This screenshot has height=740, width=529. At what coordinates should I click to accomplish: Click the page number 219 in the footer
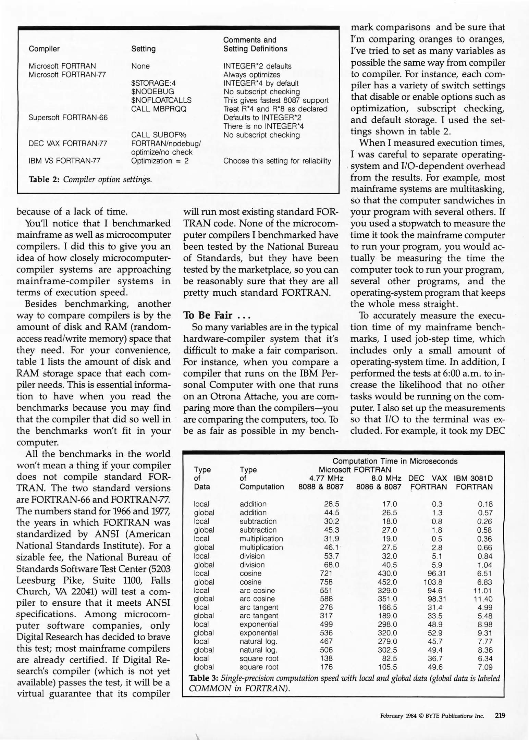(x=500, y=716)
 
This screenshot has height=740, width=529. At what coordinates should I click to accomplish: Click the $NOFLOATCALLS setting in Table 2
(x=161, y=100)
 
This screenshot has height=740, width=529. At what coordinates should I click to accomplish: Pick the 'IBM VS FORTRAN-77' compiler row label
(x=64, y=161)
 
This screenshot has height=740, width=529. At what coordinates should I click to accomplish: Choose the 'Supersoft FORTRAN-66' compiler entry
(x=68, y=118)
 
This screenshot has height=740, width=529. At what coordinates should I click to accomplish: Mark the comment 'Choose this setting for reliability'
(x=277, y=161)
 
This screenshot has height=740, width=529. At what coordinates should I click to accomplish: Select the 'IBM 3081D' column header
(x=473, y=478)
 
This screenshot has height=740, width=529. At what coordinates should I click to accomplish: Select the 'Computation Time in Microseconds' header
(x=395, y=461)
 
